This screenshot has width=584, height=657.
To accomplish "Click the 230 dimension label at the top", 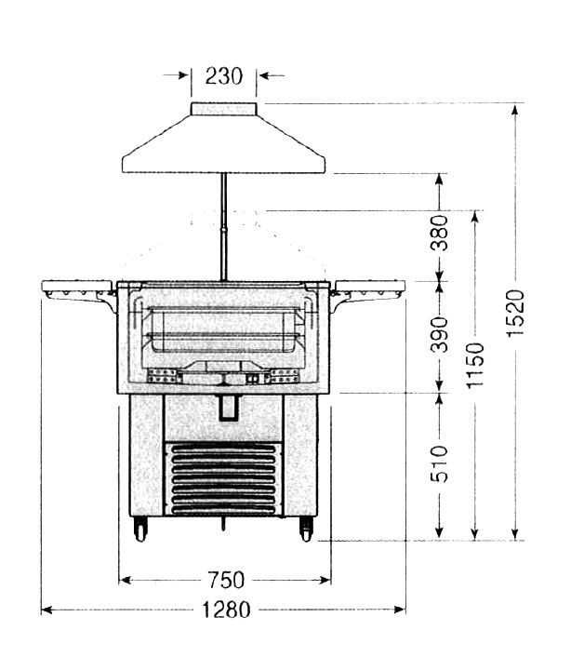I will click(x=224, y=77).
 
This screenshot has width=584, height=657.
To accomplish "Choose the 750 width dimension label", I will click(x=226, y=581).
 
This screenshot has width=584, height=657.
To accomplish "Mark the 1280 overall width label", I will click(x=224, y=610).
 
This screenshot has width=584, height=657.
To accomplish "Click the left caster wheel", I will click(x=142, y=530).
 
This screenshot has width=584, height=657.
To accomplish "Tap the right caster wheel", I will click(x=306, y=530).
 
